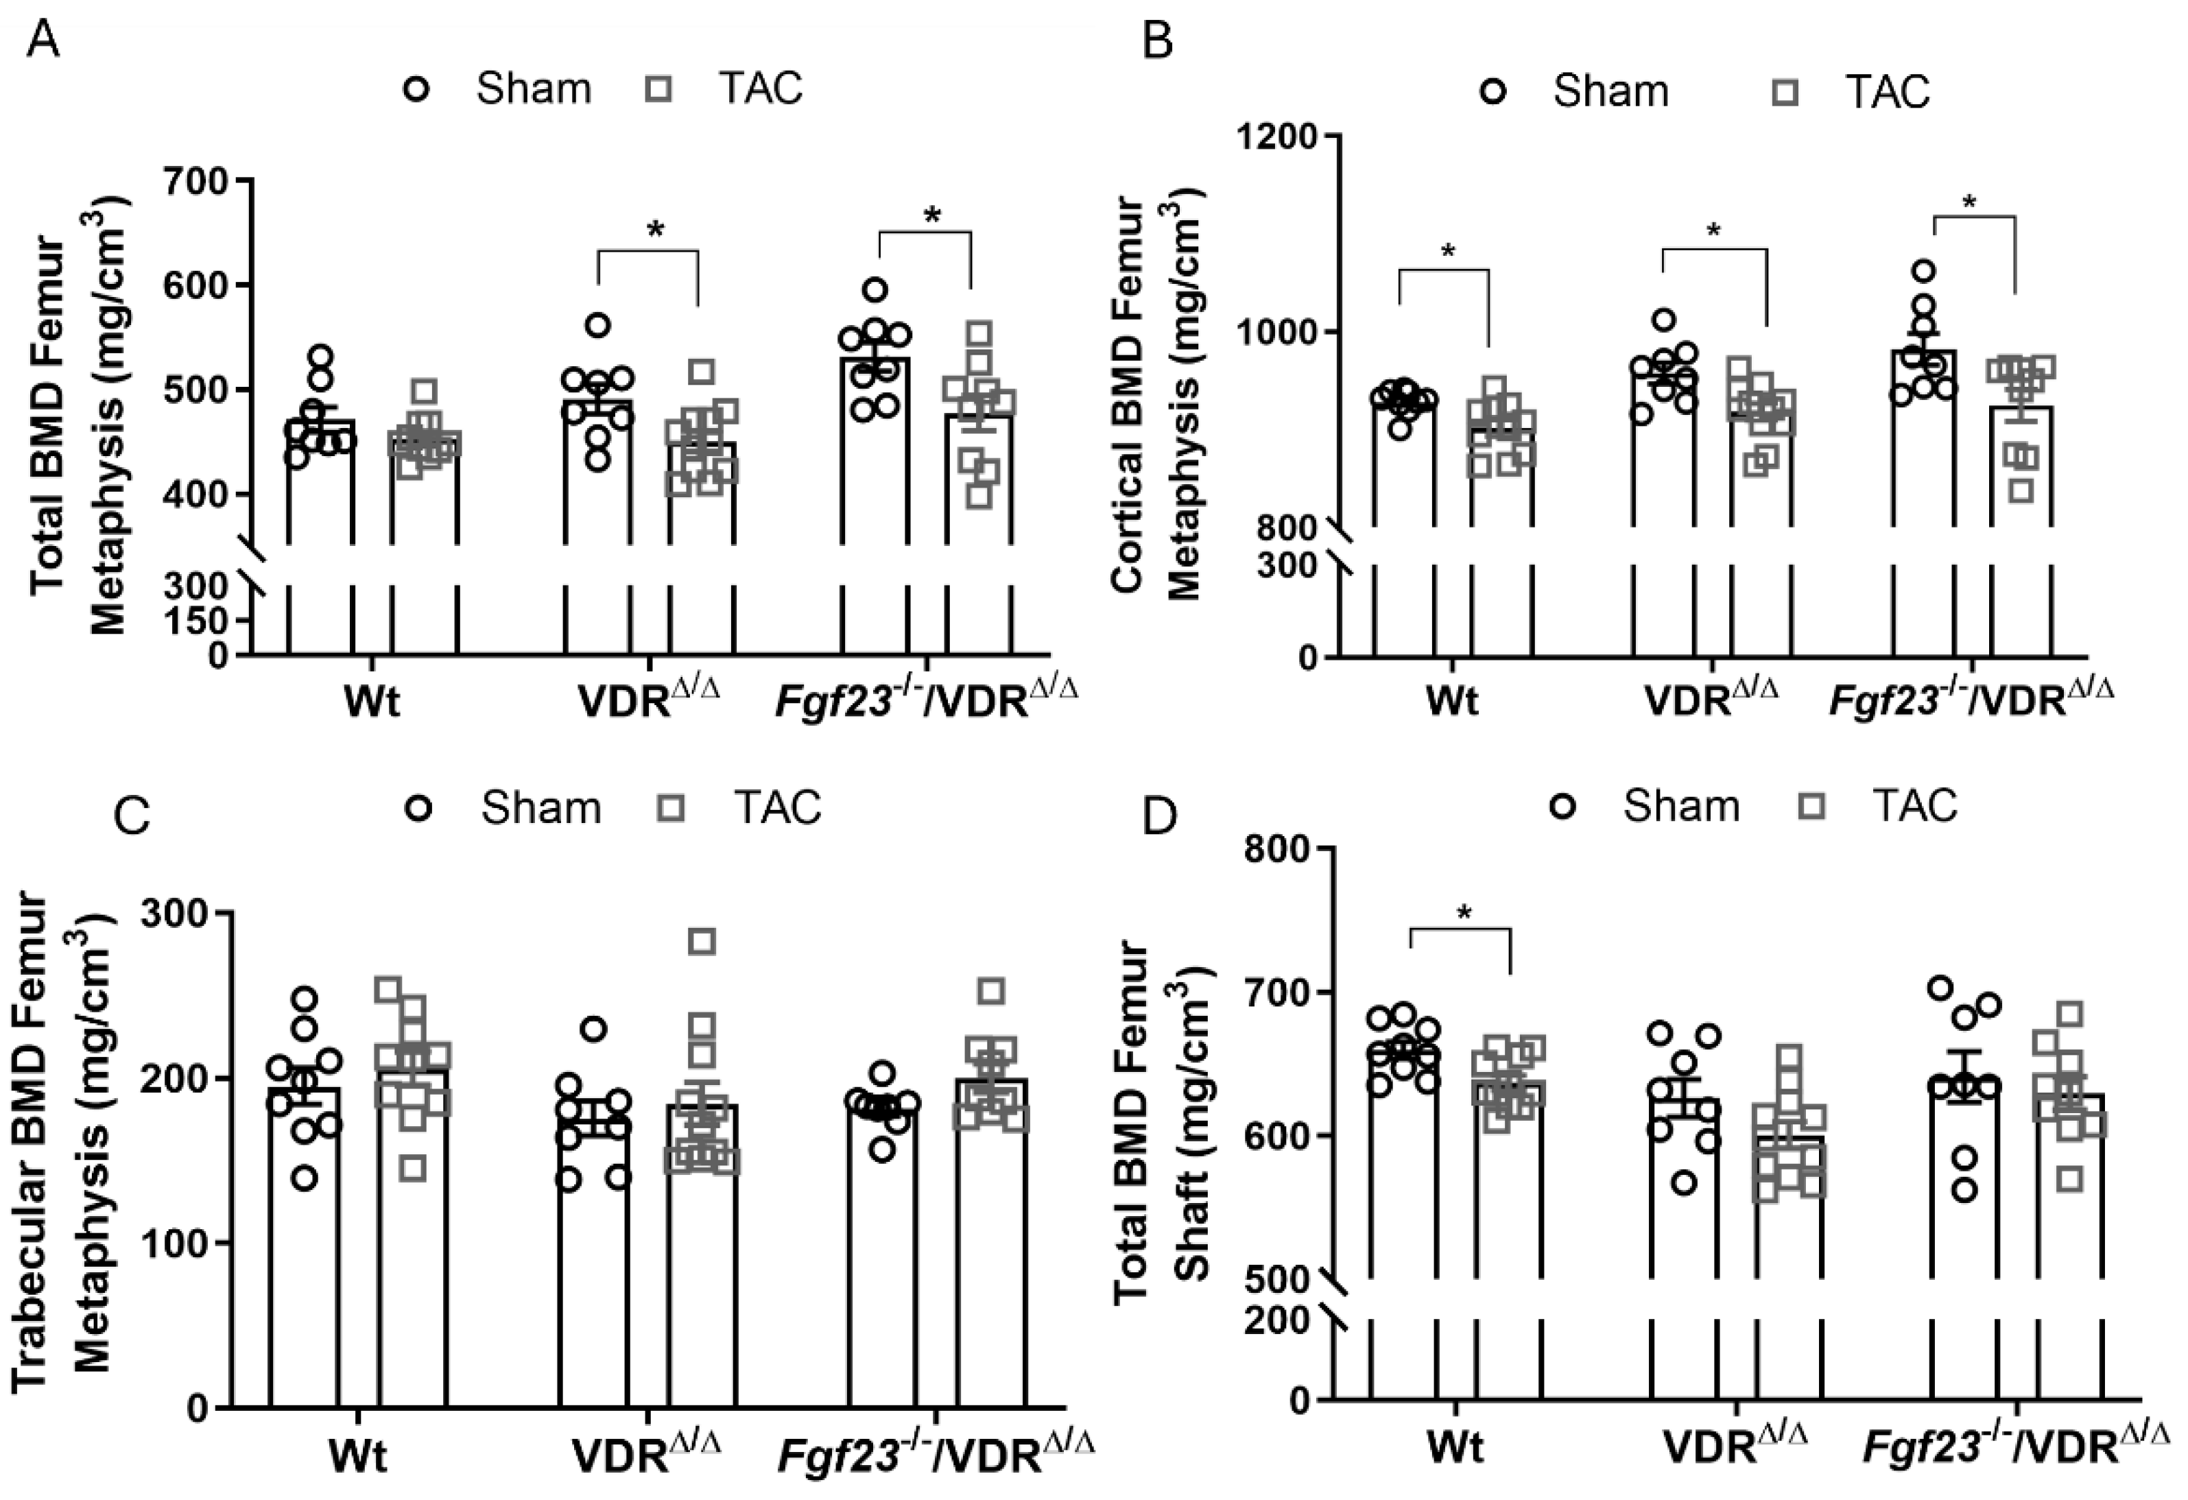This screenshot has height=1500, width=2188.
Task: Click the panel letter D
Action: pos(1159,818)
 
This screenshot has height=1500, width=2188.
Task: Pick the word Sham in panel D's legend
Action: pos(1680,806)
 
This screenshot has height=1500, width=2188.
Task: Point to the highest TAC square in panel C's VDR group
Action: pos(702,941)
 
